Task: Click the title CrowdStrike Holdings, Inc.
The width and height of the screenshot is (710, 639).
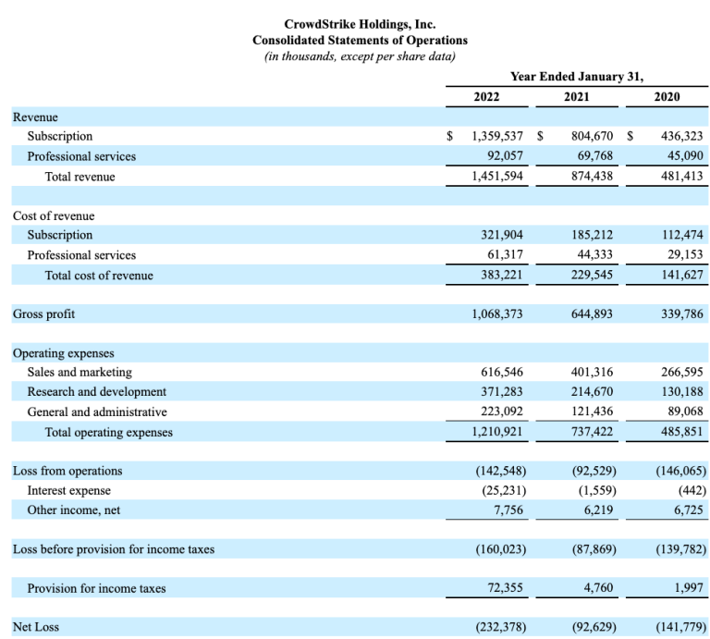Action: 360,24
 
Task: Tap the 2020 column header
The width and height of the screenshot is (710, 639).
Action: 667,96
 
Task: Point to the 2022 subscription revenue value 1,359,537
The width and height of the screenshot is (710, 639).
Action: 497,136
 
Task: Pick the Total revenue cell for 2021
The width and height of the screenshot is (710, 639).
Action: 589,177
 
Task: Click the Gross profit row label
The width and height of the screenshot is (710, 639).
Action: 44,314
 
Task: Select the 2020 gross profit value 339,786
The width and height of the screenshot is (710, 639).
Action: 680,314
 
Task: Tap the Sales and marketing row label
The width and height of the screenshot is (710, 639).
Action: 80,372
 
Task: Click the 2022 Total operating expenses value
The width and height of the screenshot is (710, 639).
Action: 497,433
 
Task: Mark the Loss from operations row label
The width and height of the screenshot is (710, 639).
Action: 67,471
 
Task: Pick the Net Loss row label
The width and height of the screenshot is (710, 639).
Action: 36,627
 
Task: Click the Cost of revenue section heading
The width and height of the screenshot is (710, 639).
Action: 54,215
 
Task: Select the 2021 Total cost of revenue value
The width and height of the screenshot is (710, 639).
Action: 589,275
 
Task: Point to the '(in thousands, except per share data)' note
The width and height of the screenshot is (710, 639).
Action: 360,56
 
